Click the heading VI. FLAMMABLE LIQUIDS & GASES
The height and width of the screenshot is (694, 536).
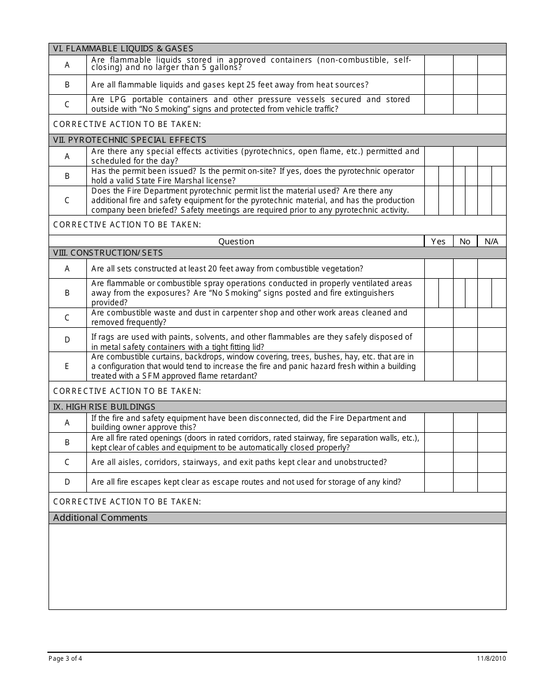pyautogui.click(x=123, y=49)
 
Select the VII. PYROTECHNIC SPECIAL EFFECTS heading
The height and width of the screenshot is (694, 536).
pyautogui.click(x=130, y=140)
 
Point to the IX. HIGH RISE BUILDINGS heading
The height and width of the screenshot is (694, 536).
pyautogui.click(x=104, y=407)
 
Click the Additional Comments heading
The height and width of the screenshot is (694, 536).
pyautogui.click(x=100, y=518)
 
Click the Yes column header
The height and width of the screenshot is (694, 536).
pyautogui.click(x=438, y=241)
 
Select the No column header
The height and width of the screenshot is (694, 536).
pyautogui.click(x=465, y=241)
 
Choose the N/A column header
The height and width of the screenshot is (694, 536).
pyautogui.click(x=491, y=241)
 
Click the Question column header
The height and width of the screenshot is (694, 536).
pyautogui.click(x=236, y=241)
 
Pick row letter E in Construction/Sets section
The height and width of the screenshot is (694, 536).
pyautogui.click(x=67, y=366)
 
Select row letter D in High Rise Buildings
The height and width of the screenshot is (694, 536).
pyautogui.click(x=67, y=482)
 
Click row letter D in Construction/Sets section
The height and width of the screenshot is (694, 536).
pyautogui.click(x=67, y=340)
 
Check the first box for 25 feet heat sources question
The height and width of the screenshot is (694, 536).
pyautogui.click(x=438, y=85)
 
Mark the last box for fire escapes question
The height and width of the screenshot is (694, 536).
pyautogui.click(x=491, y=482)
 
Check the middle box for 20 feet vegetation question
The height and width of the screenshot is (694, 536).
pyautogui.click(x=465, y=269)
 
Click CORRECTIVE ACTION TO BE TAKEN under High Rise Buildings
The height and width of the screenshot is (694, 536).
pyautogui.click(x=127, y=502)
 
